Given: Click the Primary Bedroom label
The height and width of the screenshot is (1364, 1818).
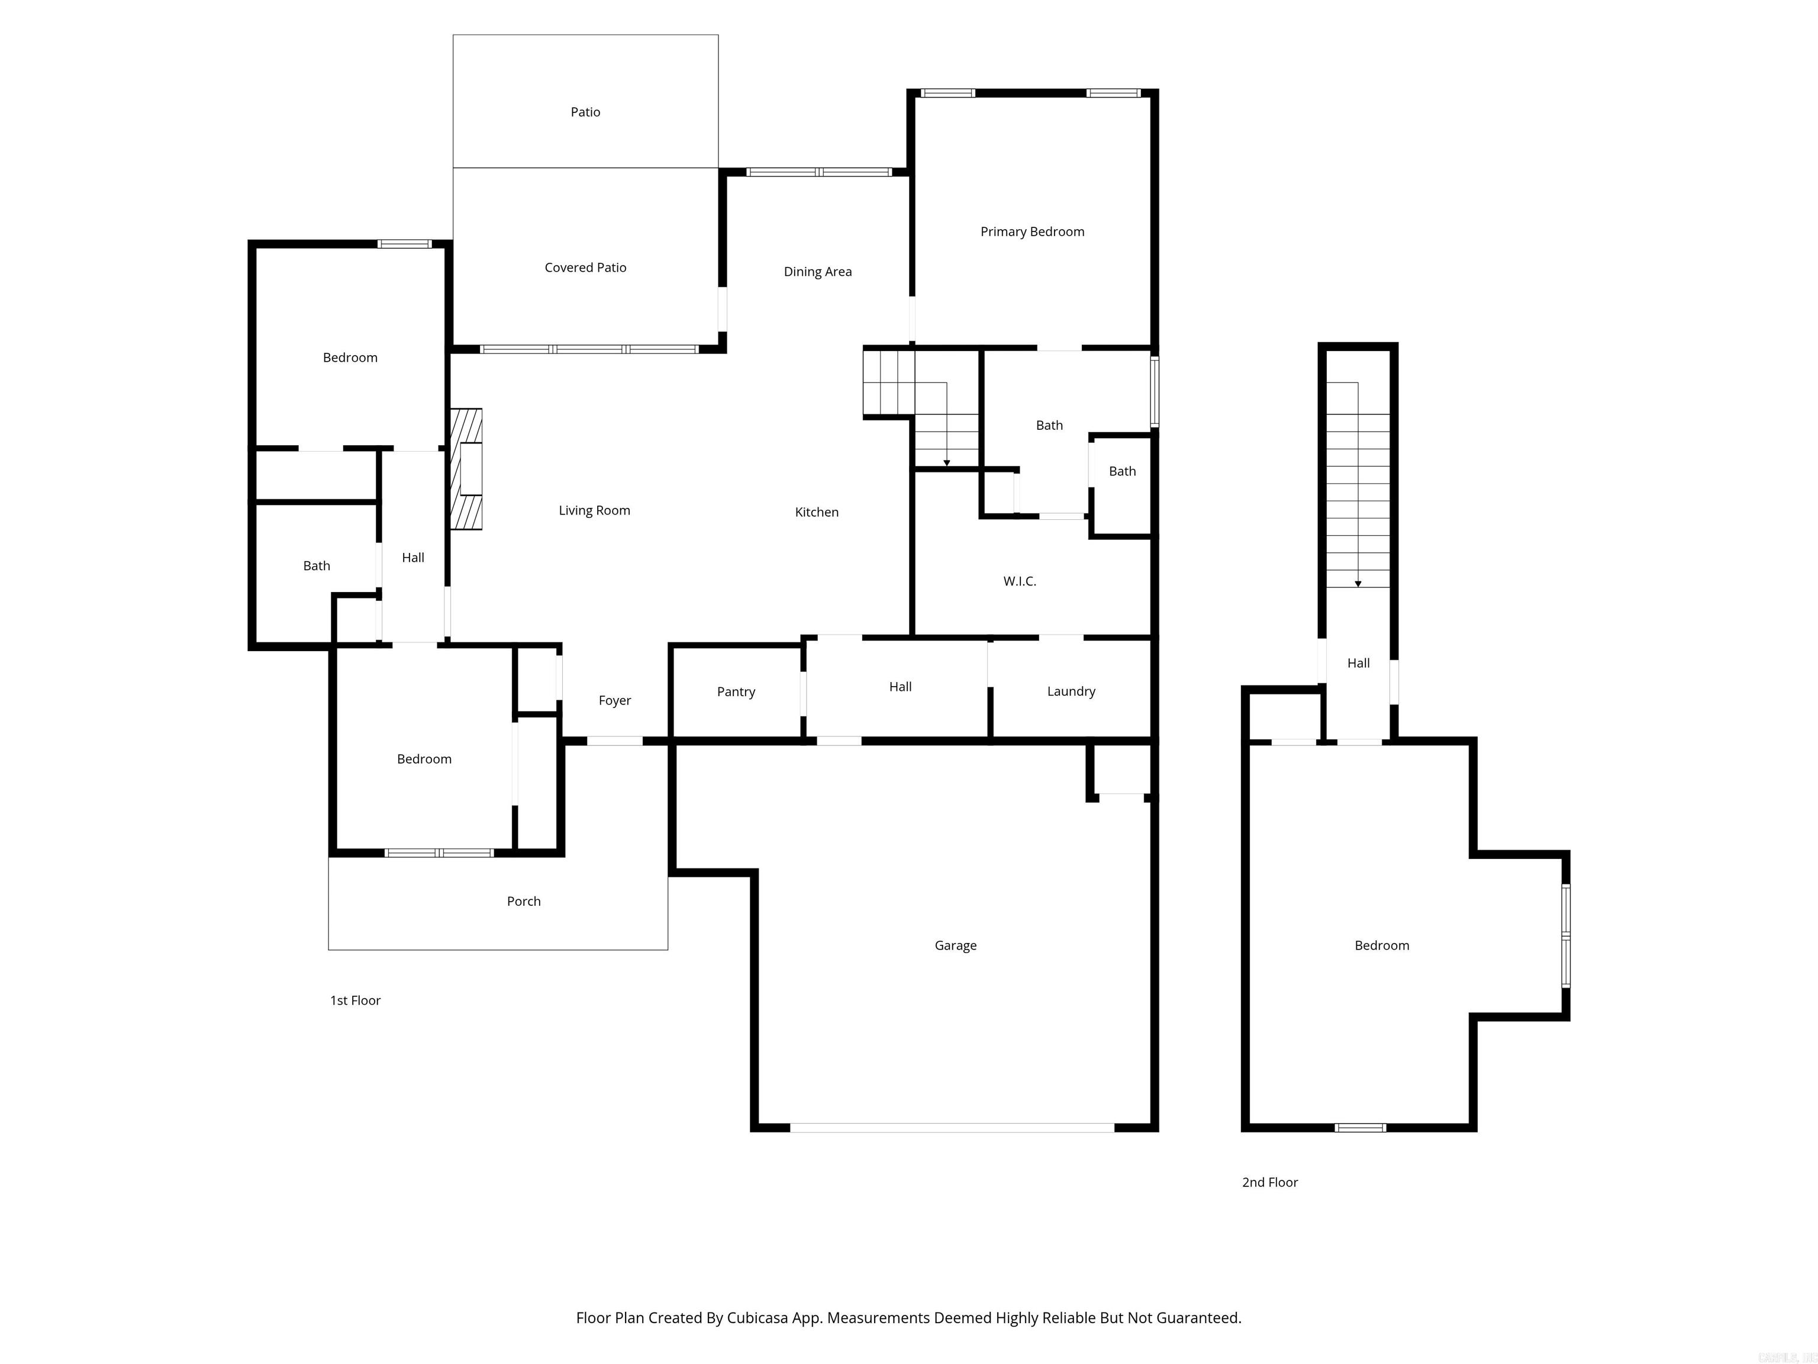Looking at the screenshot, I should pos(1032,232).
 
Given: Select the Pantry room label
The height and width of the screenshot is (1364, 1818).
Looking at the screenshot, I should pos(736,691).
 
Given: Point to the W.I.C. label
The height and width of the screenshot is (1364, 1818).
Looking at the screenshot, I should pos(1019,581).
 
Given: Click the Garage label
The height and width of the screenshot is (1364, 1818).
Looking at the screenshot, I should pos(955,945).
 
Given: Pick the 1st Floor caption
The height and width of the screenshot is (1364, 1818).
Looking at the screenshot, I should pos(355,1001).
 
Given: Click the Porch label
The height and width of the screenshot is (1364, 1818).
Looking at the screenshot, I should pos(524,901).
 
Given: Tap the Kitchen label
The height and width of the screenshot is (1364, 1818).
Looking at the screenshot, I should pos(816,512).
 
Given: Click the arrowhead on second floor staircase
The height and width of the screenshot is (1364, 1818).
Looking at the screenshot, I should pos(1358,584).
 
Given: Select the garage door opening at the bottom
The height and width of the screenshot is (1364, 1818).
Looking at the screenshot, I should pos(952,1127).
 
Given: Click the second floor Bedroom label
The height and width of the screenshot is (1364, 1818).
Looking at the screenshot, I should pos(1382,945).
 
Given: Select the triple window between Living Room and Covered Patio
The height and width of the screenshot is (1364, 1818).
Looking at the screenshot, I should pos(588,349).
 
